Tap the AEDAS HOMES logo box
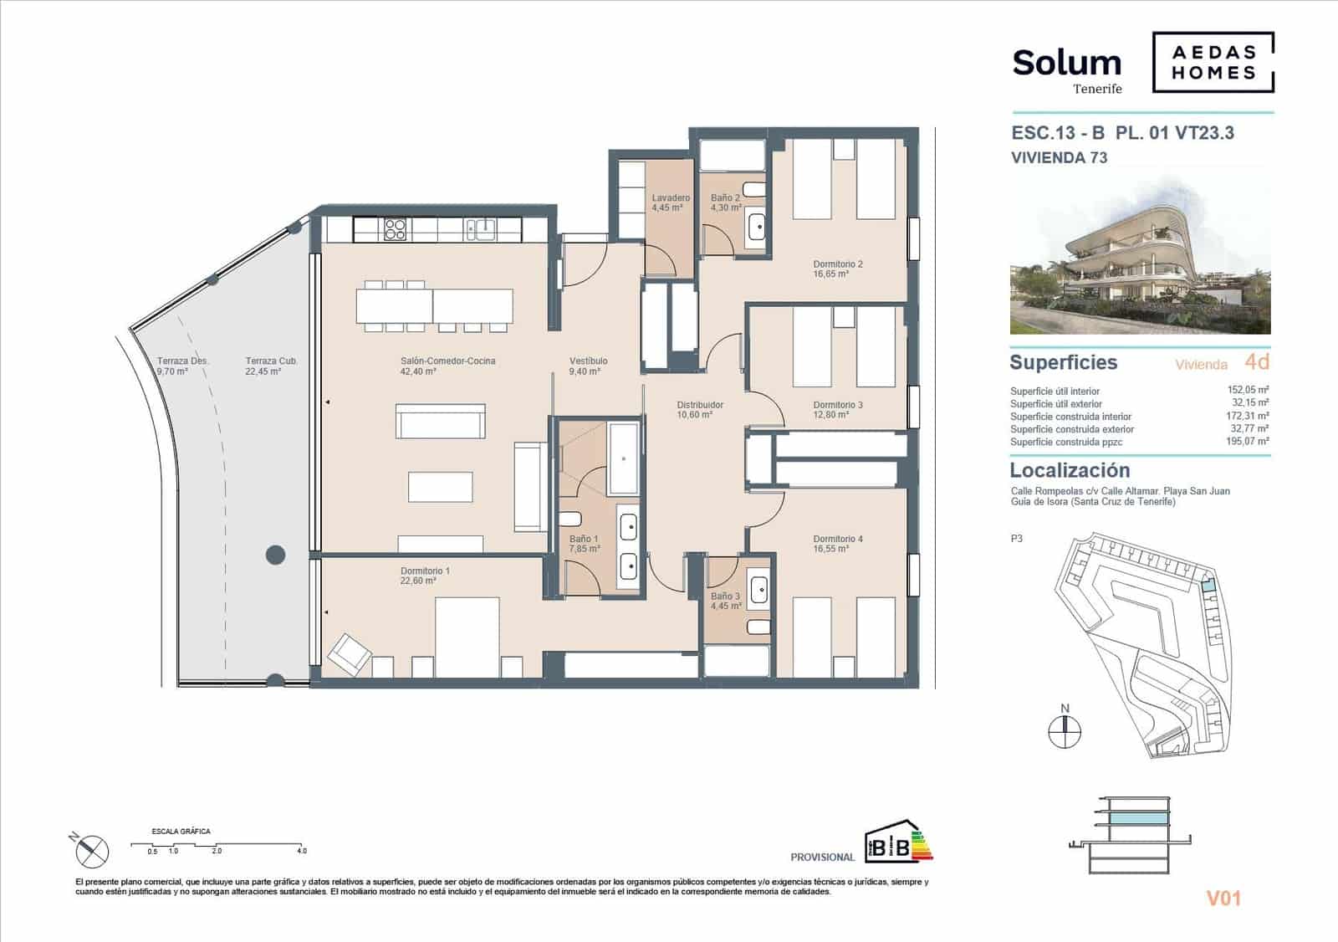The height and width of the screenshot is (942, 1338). coord(1213,62)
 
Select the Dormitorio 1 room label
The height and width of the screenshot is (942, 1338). coord(425,571)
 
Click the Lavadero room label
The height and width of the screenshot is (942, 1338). coord(671,198)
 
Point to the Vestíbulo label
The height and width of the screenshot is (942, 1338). coord(589,361)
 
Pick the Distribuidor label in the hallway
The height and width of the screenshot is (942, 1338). coord(700,405)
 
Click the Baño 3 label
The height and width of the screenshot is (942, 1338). coord(725,596)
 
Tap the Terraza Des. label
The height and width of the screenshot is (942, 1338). coord(182,361)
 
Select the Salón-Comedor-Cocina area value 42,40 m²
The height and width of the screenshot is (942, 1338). coord(418,371)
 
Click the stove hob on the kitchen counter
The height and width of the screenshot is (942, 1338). coord(395,228)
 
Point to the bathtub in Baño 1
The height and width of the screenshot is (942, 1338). coord(624,458)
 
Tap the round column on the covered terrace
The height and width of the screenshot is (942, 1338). coord(275,554)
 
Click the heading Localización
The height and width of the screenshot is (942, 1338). coord(1070,470)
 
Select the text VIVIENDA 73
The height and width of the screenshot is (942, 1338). coord(1059,157)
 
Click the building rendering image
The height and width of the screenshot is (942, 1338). coord(1140,255)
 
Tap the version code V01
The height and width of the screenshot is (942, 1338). coord(1223,898)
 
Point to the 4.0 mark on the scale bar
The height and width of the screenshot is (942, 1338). coord(301,851)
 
